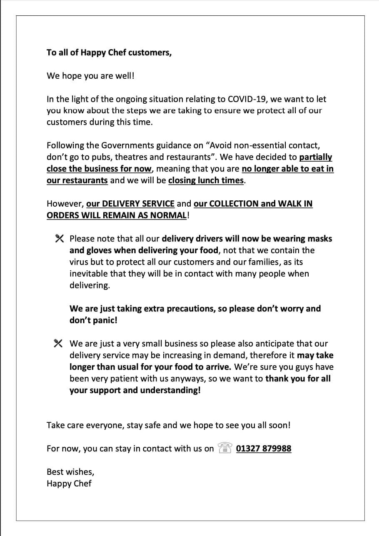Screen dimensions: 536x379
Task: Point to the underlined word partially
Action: tap(315, 157)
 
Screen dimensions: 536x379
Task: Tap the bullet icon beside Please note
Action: tap(59, 239)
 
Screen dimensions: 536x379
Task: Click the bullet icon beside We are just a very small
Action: tap(58, 344)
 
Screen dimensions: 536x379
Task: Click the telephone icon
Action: tap(224, 448)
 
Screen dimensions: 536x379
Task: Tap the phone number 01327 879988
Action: tap(264, 449)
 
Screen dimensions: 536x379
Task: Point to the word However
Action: tap(65, 204)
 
